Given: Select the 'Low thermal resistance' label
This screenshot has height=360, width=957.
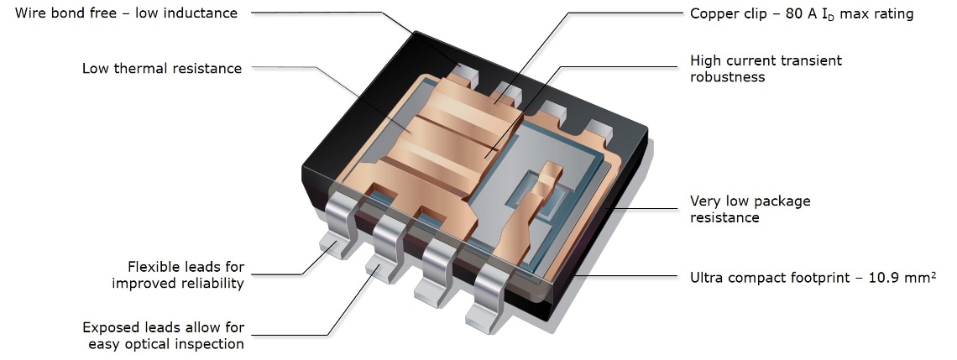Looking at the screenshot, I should point(161,69).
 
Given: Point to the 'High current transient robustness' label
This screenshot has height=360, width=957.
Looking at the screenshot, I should point(765,69).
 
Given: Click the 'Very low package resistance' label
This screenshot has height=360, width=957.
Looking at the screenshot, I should point(750,209).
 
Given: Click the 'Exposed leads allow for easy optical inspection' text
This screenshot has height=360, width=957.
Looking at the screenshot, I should point(163,336).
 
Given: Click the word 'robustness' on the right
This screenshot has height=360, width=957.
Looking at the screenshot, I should point(727,77).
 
